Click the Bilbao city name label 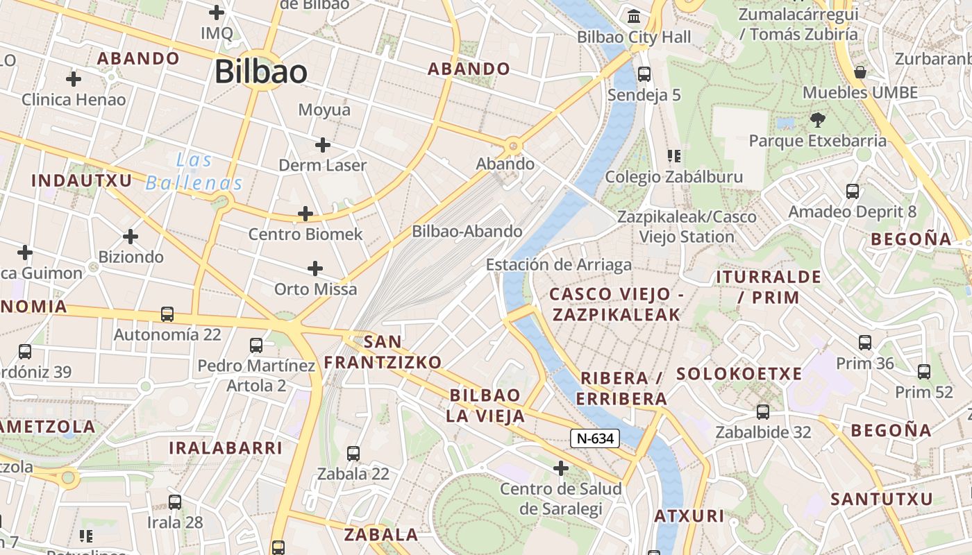point(261,71)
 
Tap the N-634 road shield point(594,438)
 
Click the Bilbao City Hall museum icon point(634,16)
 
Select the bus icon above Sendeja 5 point(644,74)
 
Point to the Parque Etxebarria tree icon point(817,120)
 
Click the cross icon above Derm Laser point(322,145)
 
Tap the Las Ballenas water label point(194,172)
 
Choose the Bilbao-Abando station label point(467,232)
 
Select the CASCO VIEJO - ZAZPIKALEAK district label point(616,305)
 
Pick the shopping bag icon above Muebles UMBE point(860,72)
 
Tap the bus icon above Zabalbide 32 point(763,412)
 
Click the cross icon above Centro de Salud point(561,469)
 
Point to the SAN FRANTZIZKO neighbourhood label point(383,352)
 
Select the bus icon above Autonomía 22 point(167,314)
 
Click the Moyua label point(324,110)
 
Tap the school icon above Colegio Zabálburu point(673,156)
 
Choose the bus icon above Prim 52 point(924,372)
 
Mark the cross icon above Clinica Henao point(74,79)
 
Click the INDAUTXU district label point(82,181)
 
